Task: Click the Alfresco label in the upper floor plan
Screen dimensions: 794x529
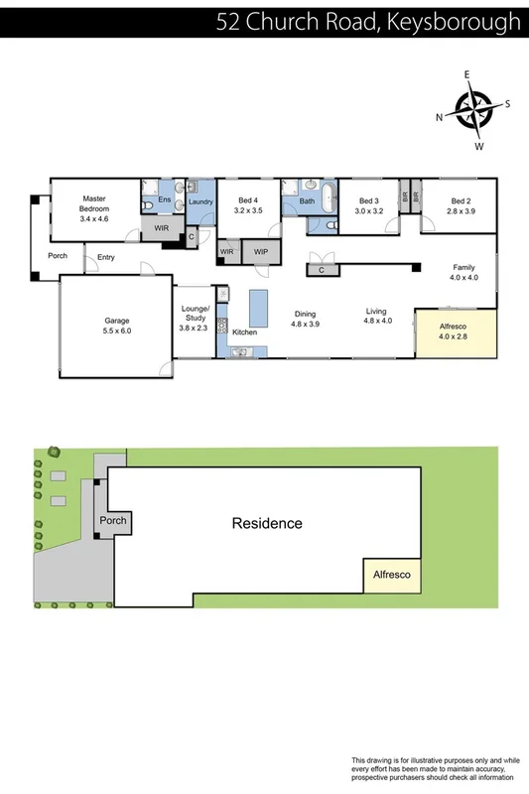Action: (x=452, y=331)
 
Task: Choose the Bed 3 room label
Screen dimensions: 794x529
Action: (x=370, y=205)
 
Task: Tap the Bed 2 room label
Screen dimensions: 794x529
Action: (x=462, y=205)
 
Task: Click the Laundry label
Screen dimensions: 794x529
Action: (x=201, y=202)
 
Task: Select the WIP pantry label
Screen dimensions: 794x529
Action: (x=261, y=252)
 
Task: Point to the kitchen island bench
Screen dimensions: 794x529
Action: (x=258, y=308)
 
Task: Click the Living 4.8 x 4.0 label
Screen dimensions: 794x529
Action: (x=377, y=316)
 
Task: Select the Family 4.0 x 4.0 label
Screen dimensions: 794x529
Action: (x=463, y=273)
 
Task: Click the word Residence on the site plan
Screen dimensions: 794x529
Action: (x=267, y=523)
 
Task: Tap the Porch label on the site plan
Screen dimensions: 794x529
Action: (x=113, y=520)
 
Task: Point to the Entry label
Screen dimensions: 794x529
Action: (x=106, y=258)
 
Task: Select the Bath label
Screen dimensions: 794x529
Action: (x=306, y=201)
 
